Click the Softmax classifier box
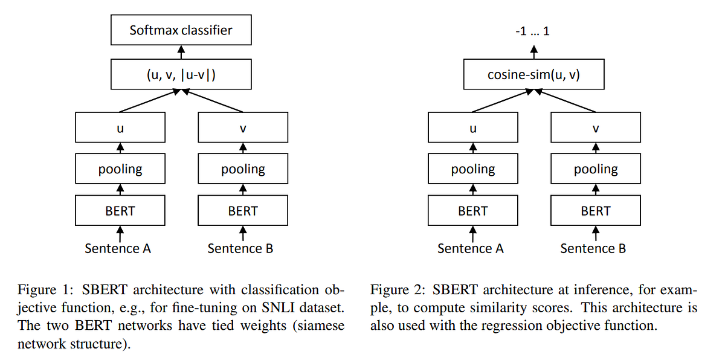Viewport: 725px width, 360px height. click(x=181, y=30)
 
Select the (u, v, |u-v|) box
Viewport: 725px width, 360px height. click(x=181, y=75)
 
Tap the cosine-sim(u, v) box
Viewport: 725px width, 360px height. click(x=533, y=75)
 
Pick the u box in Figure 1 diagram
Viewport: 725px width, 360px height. click(x=120, y=128)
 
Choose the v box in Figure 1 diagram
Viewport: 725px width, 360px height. click(x=243, y=128)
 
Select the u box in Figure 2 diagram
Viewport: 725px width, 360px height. click(x=472, y=128)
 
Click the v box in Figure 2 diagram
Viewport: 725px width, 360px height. click(x=596, y=128)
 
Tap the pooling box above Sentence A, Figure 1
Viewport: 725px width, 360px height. click(x=120, y=169)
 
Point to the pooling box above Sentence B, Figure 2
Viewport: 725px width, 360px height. click(x=596, y=169)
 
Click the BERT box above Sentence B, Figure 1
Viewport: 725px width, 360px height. click(x=243, y=211)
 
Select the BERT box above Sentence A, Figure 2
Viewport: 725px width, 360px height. click(x=472, y=211)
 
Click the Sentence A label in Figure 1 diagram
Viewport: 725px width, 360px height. click(x=118, y=248)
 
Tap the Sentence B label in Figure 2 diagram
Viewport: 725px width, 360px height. click(x=593, y=248)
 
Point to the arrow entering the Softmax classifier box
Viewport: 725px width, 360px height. click(x=181, y=53)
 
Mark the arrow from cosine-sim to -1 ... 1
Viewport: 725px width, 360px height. click(x=533, y=53)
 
